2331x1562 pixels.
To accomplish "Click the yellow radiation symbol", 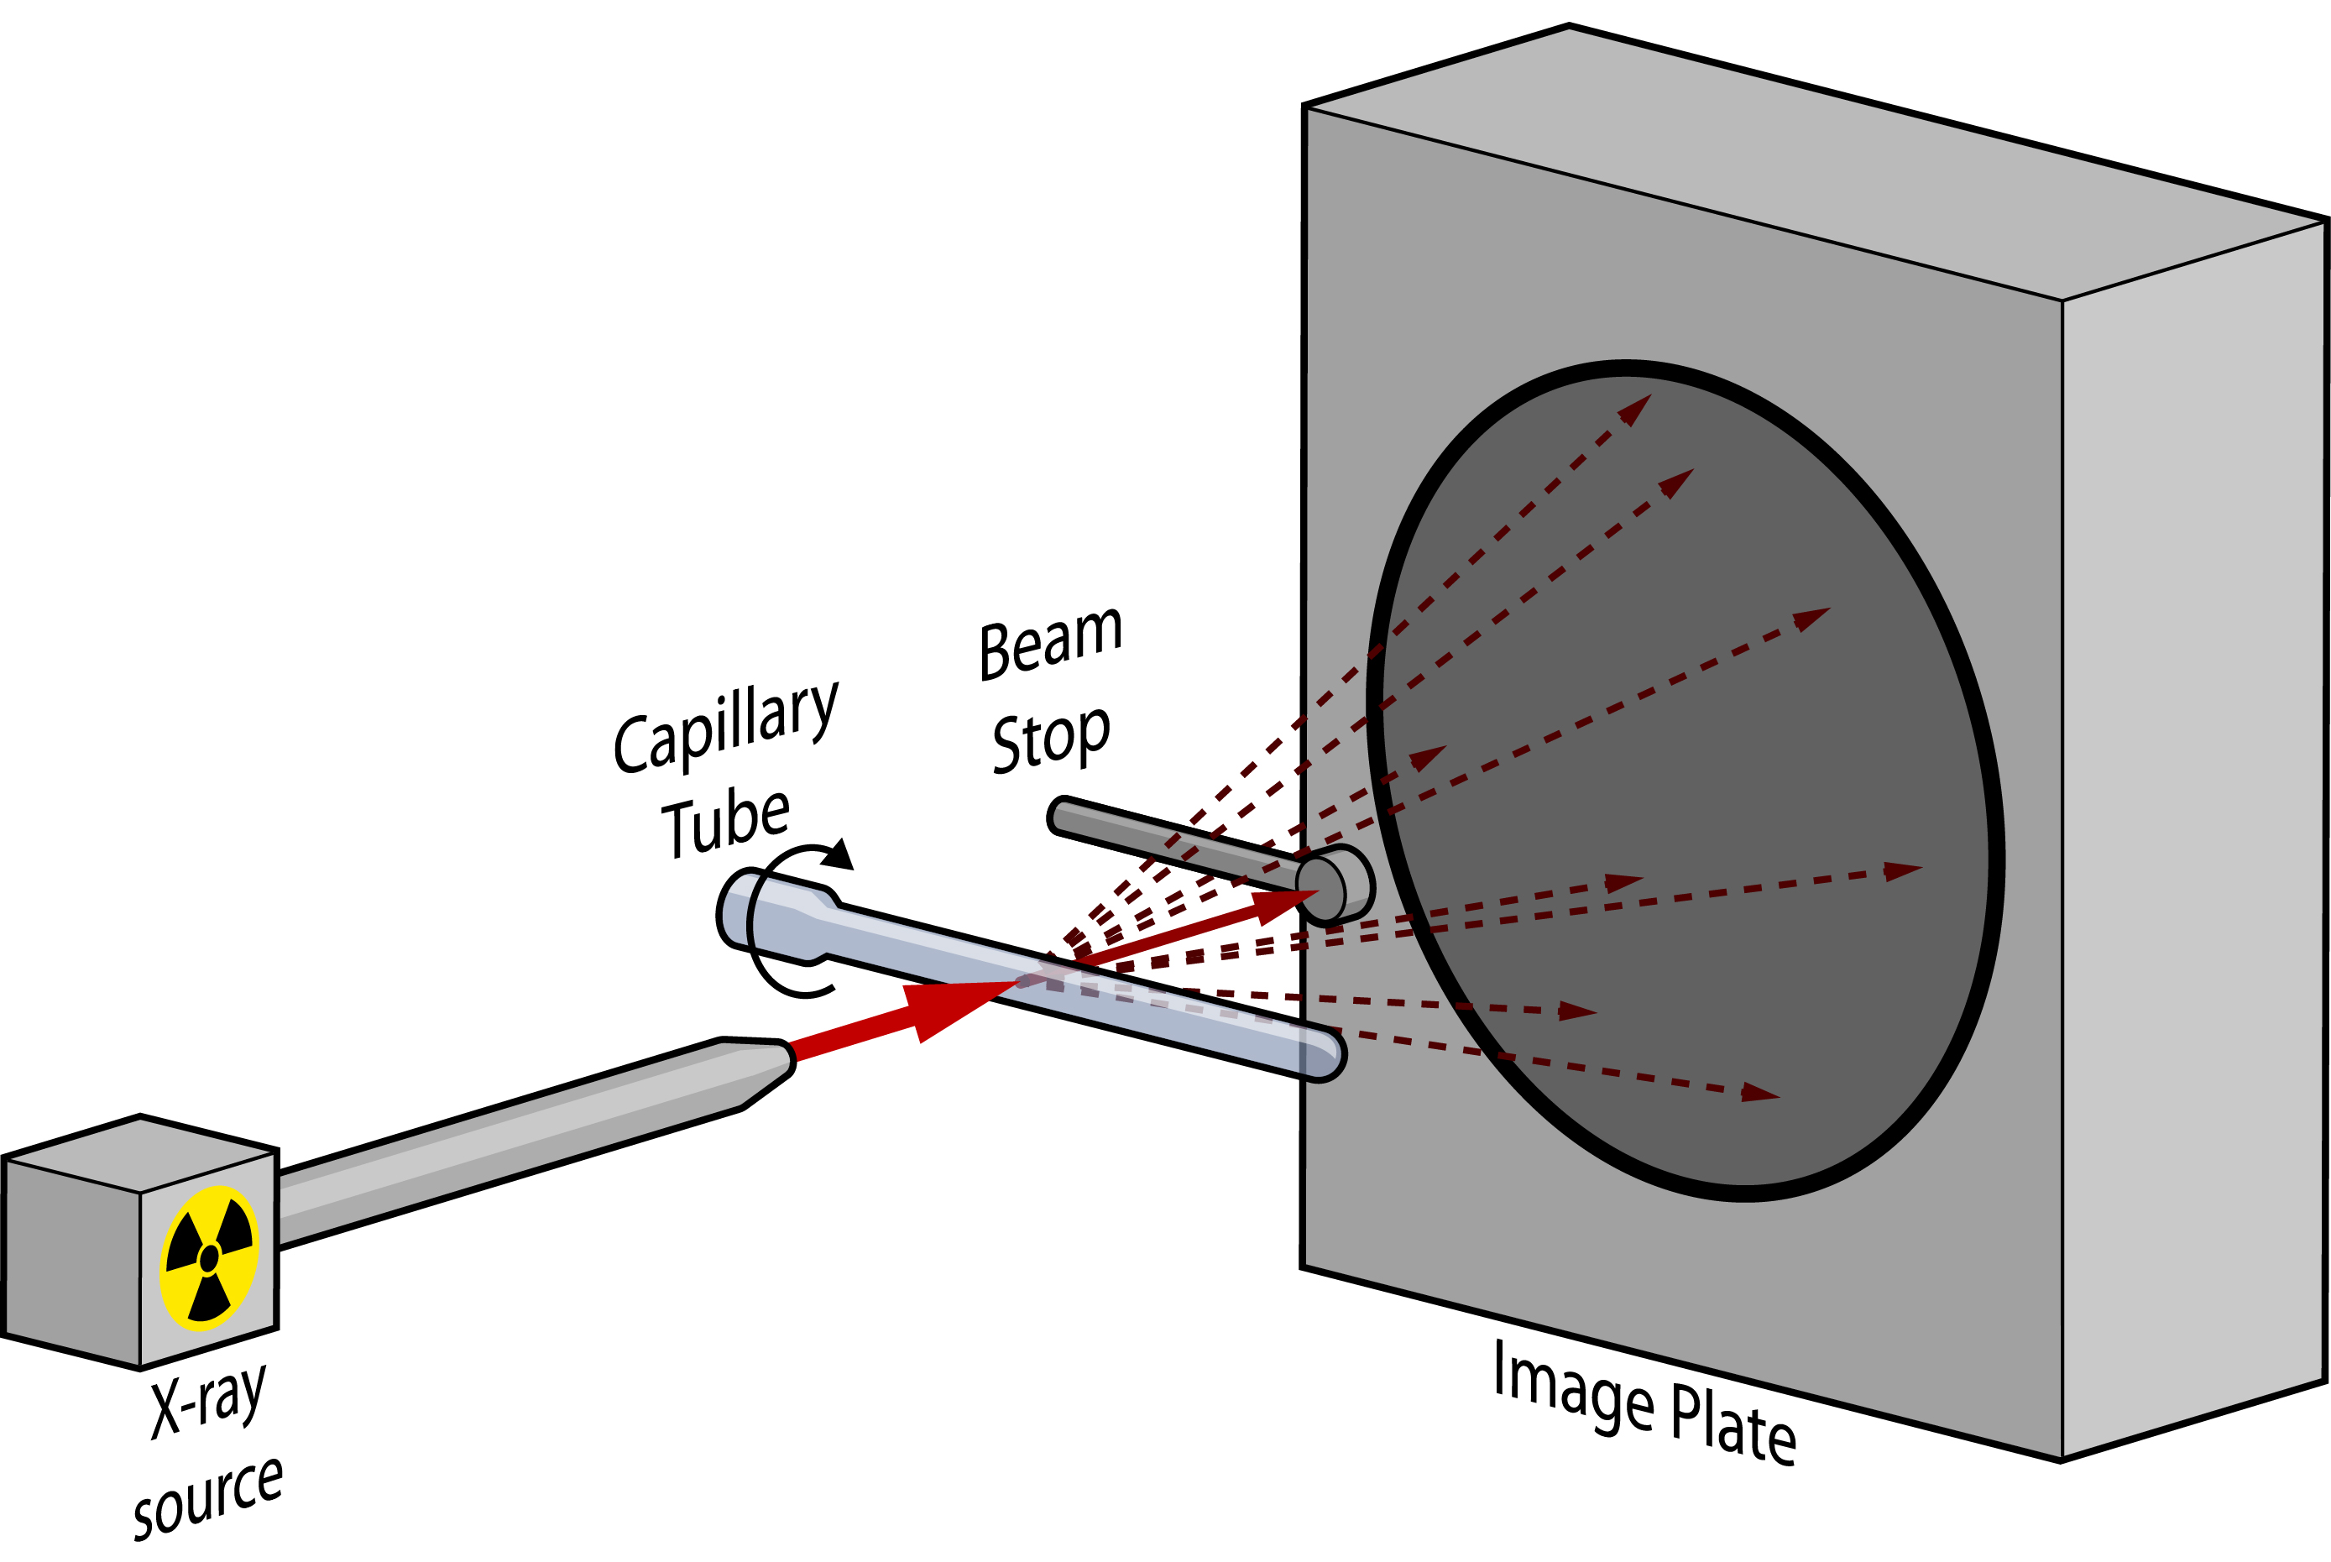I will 209,1257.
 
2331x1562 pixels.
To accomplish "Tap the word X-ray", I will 208,1400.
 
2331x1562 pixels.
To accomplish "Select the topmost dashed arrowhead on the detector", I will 1633,410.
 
